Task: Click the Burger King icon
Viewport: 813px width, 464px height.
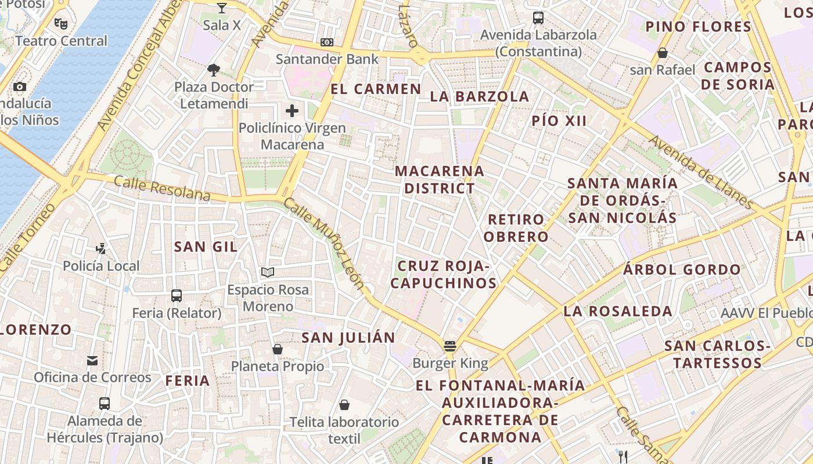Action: (x=449, y=346)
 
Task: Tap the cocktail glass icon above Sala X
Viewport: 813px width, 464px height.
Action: (x=221, y=8)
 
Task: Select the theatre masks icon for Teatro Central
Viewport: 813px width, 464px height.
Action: (x=60, y=24)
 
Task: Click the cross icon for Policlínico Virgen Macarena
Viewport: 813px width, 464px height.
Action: (x=292, y=110)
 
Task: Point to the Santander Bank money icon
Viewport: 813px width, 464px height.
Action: (x=327, y=42)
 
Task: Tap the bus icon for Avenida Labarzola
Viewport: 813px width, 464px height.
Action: (x=538, y=18)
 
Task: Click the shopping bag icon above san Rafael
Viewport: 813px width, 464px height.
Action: (x=662, y=53)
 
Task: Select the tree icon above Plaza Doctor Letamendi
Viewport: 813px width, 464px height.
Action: (x=214, y=70)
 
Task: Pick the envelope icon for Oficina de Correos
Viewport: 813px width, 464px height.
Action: (x=92, y=361)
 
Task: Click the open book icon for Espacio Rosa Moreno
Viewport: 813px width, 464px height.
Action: (x=268, y=272)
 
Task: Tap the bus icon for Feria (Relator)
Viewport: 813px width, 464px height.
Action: (x=177, y=296)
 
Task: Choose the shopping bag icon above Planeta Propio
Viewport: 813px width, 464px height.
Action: (x=278, y=349)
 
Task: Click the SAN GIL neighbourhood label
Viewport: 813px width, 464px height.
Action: (x=206, y=246)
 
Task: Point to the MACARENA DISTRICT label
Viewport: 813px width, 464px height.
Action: (x=440, y=180)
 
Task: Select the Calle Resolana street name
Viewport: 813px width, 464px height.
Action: (x=162, y=188)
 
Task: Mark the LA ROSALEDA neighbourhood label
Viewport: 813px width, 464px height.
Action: (x=618, y=311)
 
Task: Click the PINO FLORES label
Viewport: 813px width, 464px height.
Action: (x=699, y=27)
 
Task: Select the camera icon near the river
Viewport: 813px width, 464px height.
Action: (x=20, y=86)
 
